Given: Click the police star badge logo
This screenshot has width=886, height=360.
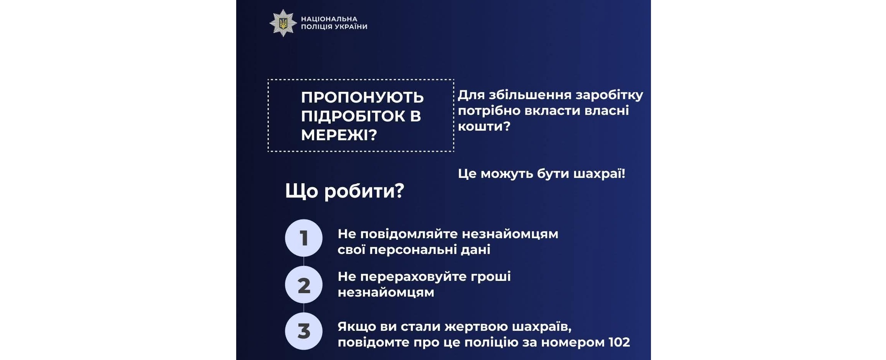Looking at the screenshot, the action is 283,23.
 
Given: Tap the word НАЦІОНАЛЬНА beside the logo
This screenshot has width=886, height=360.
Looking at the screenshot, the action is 329,19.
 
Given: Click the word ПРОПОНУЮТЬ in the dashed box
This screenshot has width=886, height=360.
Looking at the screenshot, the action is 362,98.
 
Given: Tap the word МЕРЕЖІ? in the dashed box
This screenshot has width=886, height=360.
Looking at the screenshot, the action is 339,135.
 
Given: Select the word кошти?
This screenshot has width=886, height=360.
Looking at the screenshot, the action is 484,126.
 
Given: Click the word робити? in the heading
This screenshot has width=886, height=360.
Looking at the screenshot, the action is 364,191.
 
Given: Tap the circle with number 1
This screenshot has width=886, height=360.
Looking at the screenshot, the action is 304,238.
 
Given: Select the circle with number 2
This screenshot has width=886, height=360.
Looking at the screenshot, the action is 304,285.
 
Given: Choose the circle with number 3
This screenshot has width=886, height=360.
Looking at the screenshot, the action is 304,331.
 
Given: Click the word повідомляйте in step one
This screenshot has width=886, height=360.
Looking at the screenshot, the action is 409,234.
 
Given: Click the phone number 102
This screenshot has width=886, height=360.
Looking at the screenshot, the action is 619,342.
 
